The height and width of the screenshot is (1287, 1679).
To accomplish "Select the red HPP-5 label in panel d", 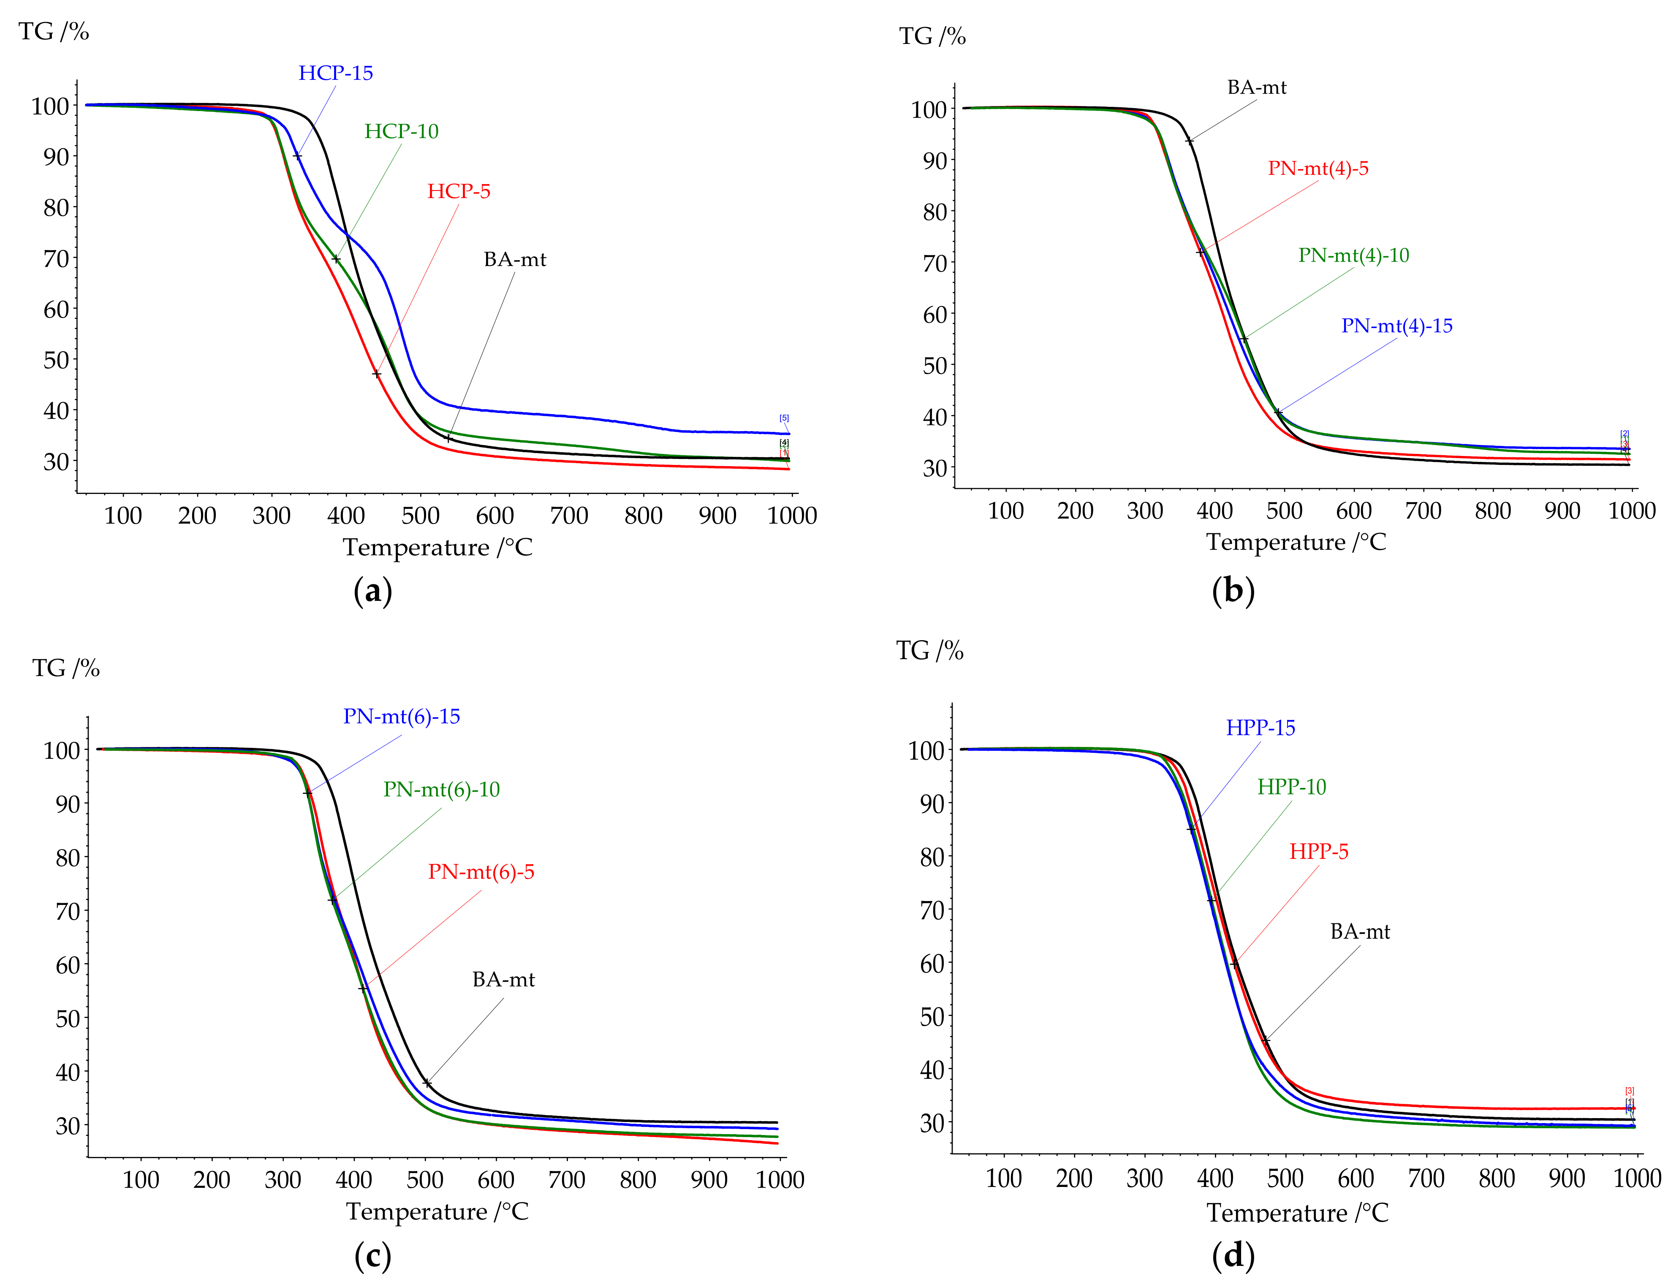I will pos(1318,852).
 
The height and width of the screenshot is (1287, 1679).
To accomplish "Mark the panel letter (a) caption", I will pos(373,592).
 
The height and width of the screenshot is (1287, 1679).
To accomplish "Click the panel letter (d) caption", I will pos(1233,1256).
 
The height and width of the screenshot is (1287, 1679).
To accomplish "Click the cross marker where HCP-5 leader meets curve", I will pos(376,374).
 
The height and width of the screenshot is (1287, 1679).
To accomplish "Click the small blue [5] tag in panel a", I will pos(784,418).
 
